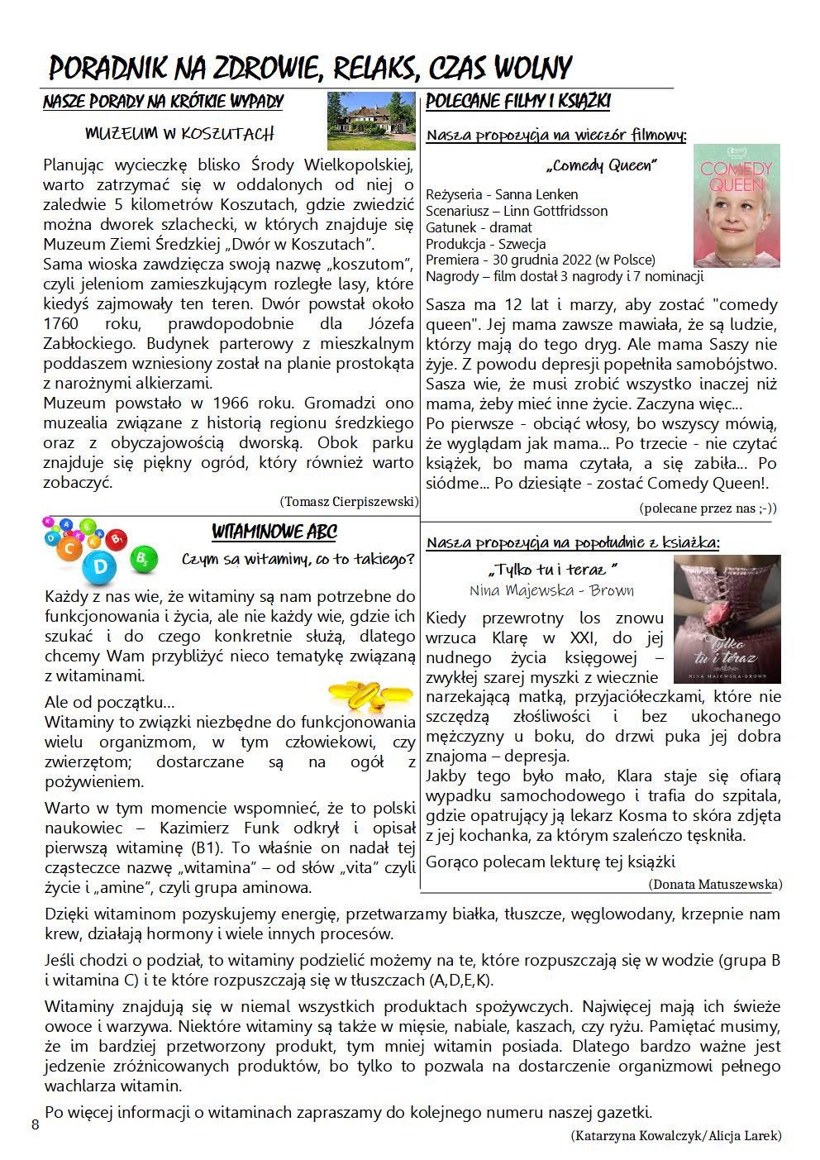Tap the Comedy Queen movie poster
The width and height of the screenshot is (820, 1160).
[736, 206]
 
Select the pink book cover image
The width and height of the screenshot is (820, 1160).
[727, 618]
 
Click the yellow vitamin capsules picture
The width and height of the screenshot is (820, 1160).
[359, 696]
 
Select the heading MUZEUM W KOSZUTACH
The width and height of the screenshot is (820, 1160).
[179, 133]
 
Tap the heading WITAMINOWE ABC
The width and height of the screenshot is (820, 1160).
[274, 532]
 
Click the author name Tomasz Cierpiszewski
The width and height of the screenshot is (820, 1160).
[349, 501]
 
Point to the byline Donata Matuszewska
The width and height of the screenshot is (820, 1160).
[715, 884]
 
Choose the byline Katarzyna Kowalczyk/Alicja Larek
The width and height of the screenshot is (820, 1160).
[675, 1135]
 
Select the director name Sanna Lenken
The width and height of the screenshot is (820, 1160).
[535, 194]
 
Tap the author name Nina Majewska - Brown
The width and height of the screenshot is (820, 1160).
[551, 590]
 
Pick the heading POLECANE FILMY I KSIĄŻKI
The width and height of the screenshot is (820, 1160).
[517, 102]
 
